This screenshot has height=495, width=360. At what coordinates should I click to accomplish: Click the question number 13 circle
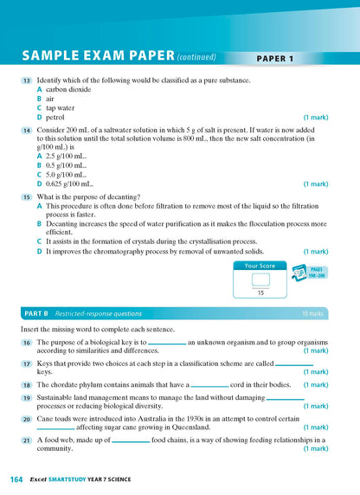click(x=27, y=80)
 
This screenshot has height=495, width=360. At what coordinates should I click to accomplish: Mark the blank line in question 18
click(x=209, y=386)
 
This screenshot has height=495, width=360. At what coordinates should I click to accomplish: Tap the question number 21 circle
click(x=27, y=440)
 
